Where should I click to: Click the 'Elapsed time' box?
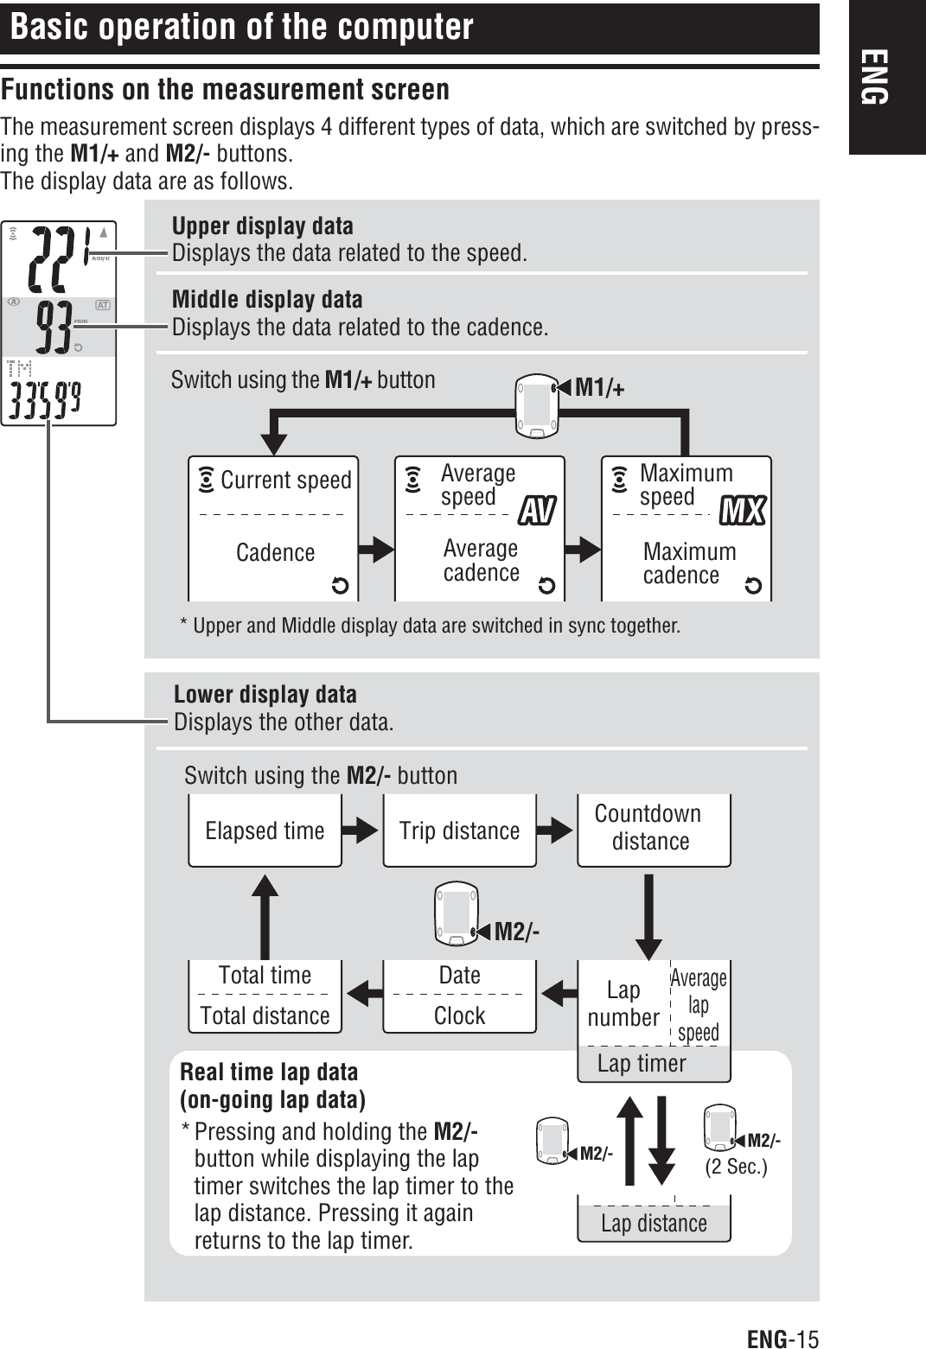265,830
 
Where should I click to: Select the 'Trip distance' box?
459,830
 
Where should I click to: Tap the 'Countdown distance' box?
653,828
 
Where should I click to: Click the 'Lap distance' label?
654,1224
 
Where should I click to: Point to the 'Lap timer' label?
642,1064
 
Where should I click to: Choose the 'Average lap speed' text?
699,1005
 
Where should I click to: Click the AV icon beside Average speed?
536,511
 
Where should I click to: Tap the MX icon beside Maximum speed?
743,511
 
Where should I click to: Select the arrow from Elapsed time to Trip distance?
362,830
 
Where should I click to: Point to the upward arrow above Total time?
265,916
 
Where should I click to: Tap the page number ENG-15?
782,1339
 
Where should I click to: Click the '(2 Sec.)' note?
736,1167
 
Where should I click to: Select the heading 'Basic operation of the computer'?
242,28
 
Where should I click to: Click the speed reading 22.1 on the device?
61,258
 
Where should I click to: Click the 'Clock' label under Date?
459,1015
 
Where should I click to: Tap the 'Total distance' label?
265,1015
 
